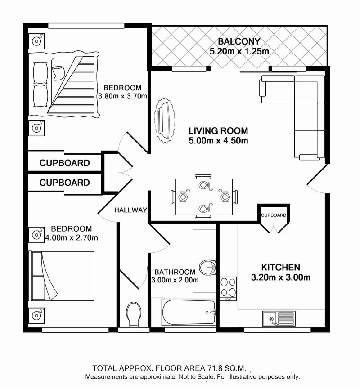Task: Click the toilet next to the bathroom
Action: [x=134, y=315]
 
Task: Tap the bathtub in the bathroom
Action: [x=189, y=312]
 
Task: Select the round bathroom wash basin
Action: [x=208, y=268]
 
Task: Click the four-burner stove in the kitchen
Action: [x=228, y=289]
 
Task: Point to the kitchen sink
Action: [x=279, y=319]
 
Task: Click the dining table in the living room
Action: [x=204, y=197]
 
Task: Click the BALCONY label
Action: [x=239, y=41]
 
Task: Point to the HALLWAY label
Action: [x=130, y=210]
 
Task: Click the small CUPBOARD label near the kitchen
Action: [x=273, y=215]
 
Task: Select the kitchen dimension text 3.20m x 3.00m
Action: [x=281, y=277]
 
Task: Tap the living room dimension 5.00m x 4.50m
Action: [x=219, y=141]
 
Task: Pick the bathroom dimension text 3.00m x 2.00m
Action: [x=175, y=280]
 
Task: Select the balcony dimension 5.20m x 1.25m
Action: [x=239, y=51]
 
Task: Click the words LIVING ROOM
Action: [x=219, y=131]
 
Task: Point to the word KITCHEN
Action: [x=281, y=267]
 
